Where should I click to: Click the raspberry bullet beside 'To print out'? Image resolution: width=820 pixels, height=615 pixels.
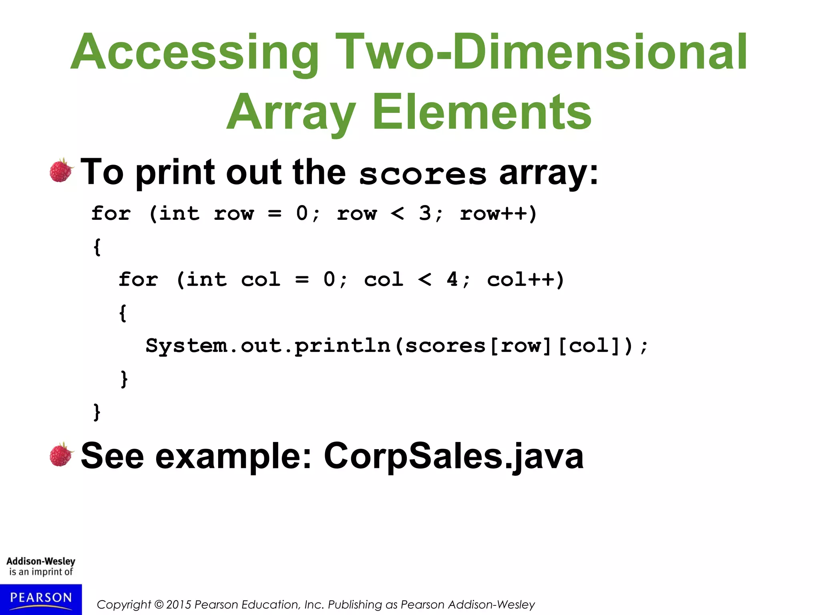click(61, 171)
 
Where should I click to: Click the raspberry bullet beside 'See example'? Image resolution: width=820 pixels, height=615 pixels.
click(61, 455)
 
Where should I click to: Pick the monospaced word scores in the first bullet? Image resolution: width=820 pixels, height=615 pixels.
click(422, 174)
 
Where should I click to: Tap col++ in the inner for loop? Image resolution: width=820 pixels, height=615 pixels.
click(525, 279)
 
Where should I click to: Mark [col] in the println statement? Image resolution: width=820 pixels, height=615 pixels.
click(589, 346)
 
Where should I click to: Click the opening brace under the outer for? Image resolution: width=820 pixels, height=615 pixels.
click(97, 246)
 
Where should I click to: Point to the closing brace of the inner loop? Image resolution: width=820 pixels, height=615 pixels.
click(124, 378)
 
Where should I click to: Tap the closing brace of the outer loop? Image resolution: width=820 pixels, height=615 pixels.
click(97, 412)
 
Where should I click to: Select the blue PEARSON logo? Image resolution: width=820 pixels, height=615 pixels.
click(41, 599)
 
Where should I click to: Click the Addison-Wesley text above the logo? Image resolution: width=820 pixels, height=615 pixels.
click(41, 561)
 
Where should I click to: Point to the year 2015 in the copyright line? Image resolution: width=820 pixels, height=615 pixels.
click(178, 605)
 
